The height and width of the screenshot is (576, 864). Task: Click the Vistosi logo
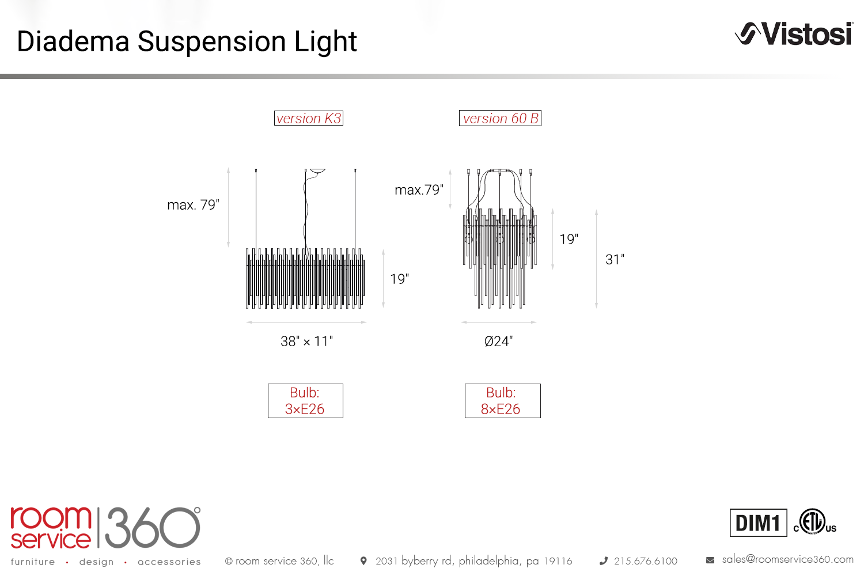point(794,34)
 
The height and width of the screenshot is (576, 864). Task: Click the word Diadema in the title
point(73,41)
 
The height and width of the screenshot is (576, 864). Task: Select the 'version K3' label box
point(309,118)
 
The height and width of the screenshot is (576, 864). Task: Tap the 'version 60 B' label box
point(500,118)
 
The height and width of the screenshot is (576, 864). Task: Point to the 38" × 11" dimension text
point(306,341)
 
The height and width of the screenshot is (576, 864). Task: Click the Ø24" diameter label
point(499,341)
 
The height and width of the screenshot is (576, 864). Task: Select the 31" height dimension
point(615,259)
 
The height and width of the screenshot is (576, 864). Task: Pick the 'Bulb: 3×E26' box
point(305,401)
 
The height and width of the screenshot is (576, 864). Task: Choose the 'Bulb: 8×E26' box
point(503,401)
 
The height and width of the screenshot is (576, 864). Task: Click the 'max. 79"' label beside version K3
point(193,204)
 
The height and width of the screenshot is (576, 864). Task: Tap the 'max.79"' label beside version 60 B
point(419,190)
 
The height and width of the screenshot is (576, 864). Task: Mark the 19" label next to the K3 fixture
point(400,279)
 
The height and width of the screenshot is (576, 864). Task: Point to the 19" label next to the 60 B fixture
point(569,239)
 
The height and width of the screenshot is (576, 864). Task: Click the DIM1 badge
point(759,523)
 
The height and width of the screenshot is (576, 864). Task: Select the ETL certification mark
point(814,522)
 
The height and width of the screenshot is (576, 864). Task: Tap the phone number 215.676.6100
point(645,561)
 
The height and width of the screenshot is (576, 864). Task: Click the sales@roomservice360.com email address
point(787,559)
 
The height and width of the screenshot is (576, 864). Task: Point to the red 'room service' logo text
point(51,528)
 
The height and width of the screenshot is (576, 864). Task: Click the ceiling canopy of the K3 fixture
point(318,170)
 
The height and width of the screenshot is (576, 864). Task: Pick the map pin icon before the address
point(363,561)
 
